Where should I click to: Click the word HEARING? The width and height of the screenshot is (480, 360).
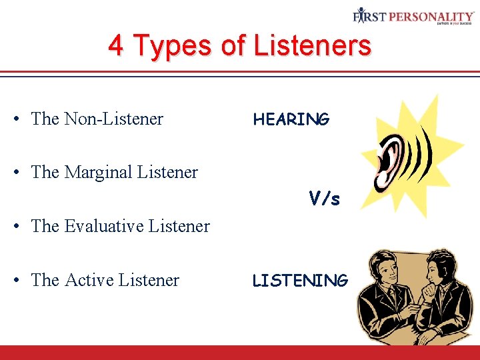coord(291,119)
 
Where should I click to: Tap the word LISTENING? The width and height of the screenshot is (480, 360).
coord(299,281)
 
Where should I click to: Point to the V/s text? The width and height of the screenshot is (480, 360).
coord(324,198)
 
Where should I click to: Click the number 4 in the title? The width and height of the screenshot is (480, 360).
coord(116,46)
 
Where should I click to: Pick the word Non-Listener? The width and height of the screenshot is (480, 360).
coord(113,119)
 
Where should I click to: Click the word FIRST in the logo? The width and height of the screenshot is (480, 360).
coord(369,15)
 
